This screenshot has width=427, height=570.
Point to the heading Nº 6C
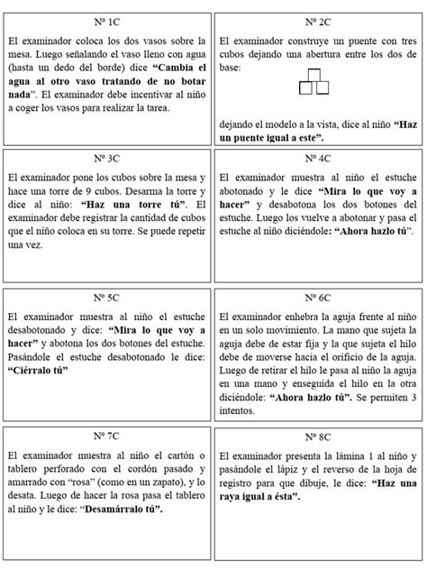[x=319, y=298]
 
